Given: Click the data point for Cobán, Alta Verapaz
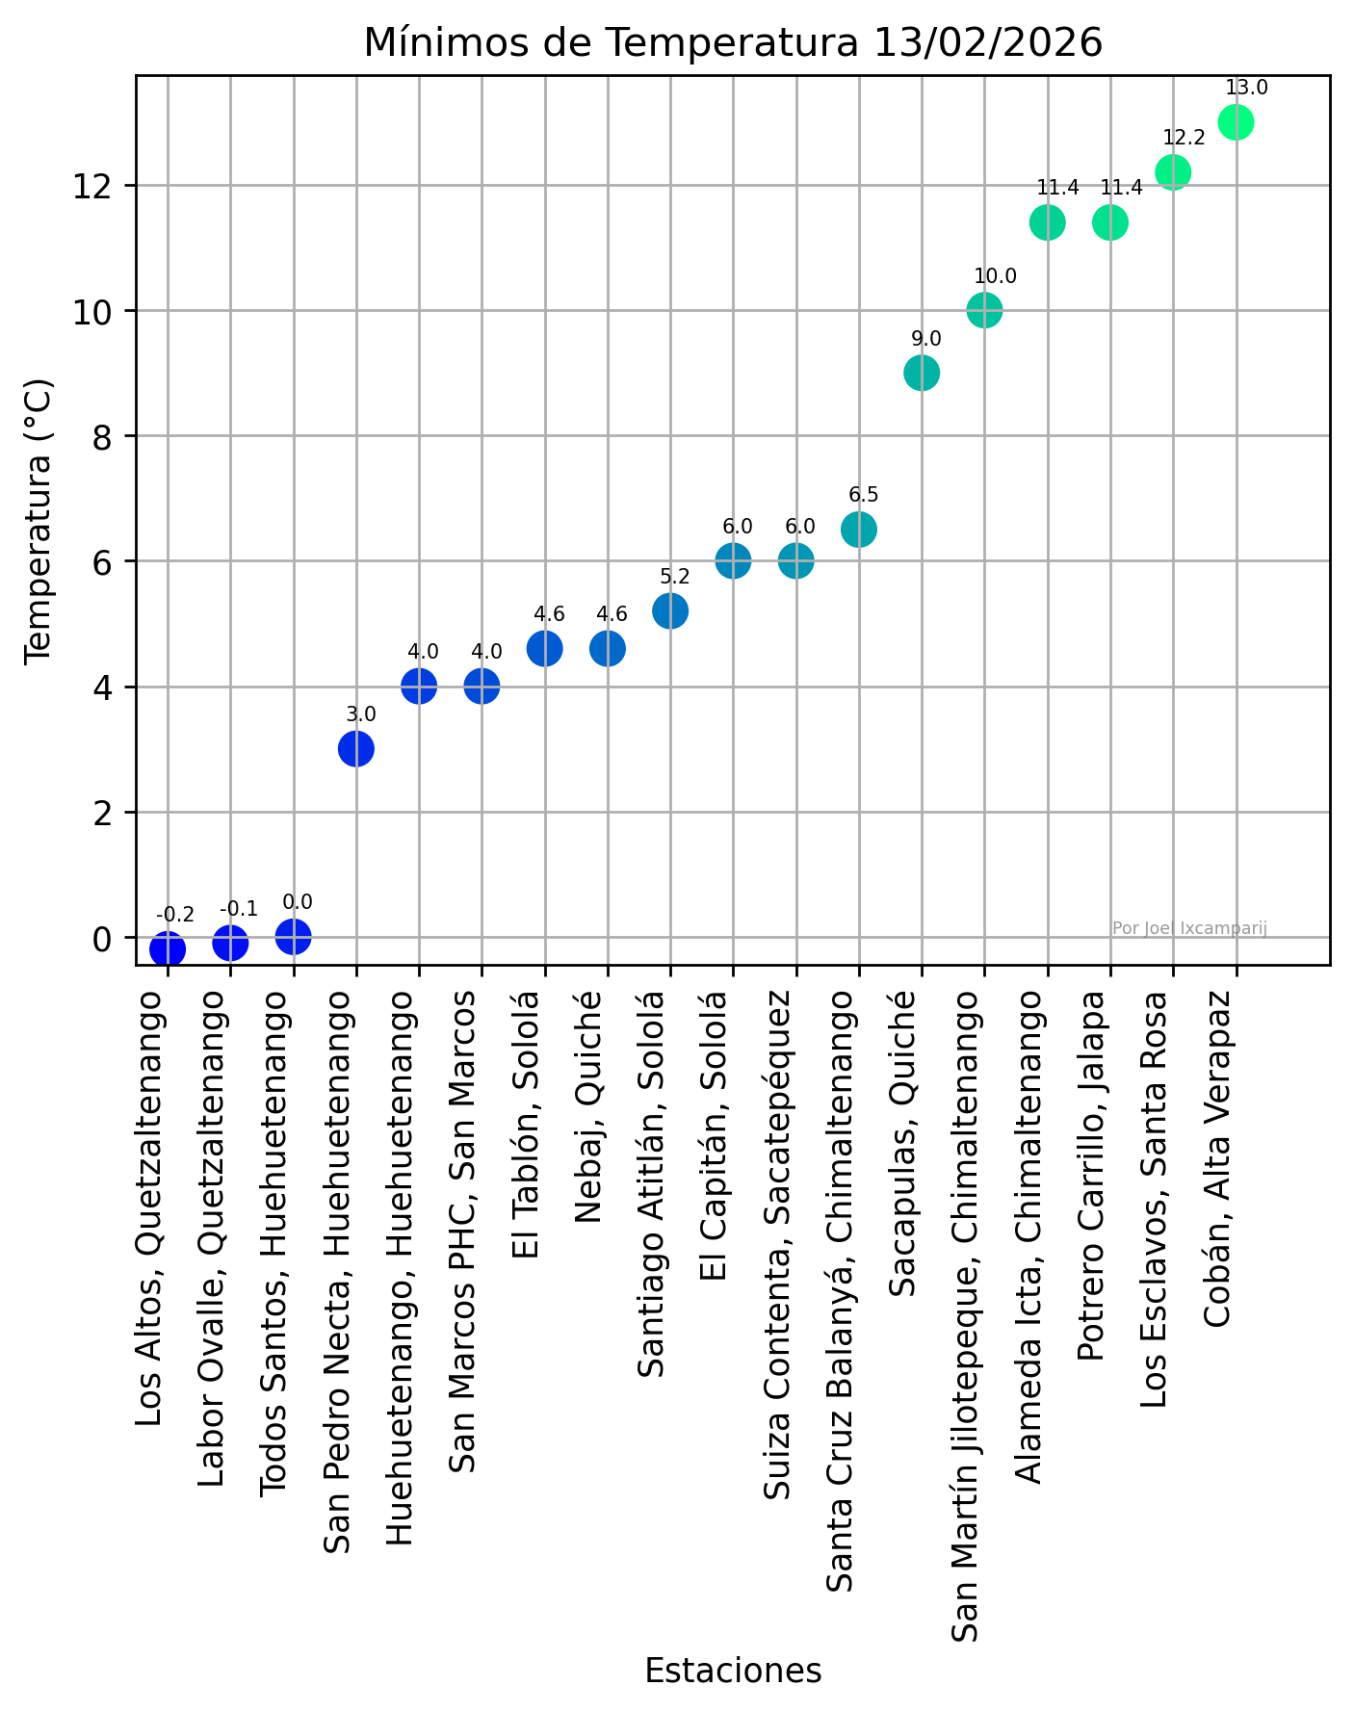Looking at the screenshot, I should (x=1236, y=122).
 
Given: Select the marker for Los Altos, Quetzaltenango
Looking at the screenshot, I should (x=168, y=949).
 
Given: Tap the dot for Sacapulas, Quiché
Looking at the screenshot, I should (x=922, y=373).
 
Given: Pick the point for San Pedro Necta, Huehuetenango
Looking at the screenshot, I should (x=356, y=748).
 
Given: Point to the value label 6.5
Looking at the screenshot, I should (x=863, y=495).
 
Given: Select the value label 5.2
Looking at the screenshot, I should (x=675, y=577).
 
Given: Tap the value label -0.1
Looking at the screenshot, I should (x=239, y=910).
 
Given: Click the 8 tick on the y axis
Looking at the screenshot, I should (x=99, y=436).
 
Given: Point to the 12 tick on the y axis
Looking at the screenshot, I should (x=91, y=185).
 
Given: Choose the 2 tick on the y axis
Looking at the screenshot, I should (x=99, y=812).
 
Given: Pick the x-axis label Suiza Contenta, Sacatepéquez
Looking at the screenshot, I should (x=777, y=1224).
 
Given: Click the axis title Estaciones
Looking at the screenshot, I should (x=733, y=1671).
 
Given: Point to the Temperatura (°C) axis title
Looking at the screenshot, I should (x=39, y=520).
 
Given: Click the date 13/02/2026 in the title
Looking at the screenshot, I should (x=988, y=43).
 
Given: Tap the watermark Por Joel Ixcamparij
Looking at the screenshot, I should (x=1189, y=928).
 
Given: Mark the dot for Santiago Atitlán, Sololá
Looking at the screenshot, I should (x=670, y=610).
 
